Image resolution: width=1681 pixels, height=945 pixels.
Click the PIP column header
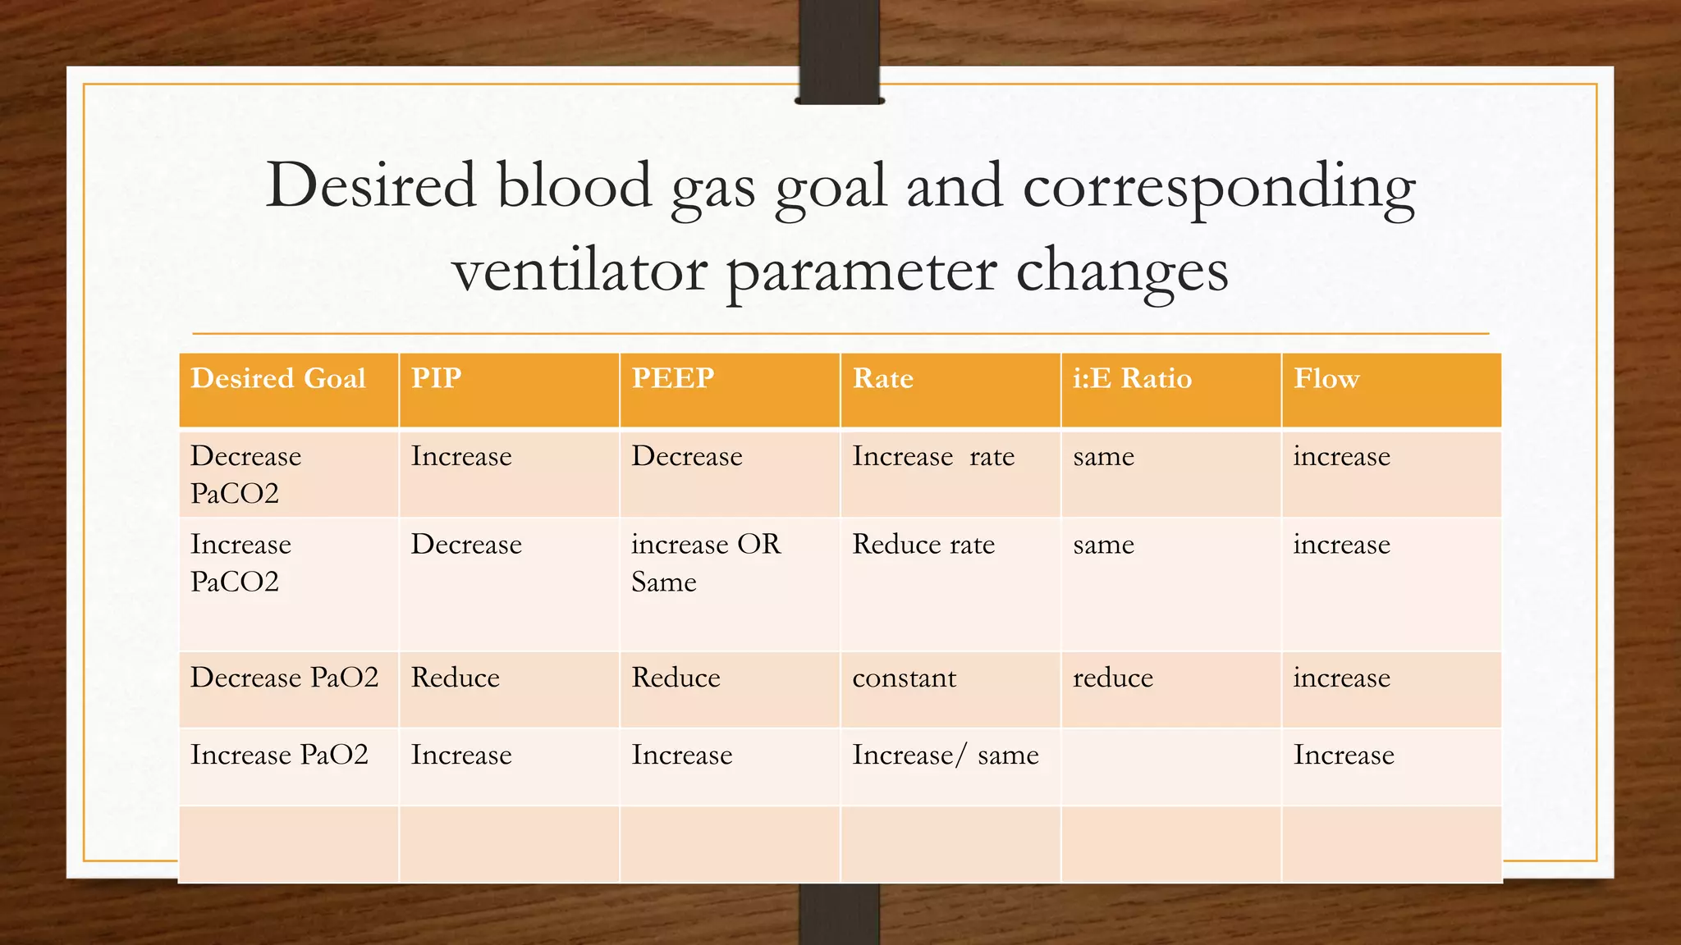[x=437, y=378]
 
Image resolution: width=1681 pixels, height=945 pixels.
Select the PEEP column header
[x=673, y=378]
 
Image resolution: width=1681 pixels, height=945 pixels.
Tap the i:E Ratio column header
[x=1132, y=378]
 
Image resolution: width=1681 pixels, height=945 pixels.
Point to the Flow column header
[x=1326, y=378]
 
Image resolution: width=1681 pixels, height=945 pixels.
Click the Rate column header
[x=882, y=378]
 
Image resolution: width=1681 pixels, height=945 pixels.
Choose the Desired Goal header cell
[x=278, y=378]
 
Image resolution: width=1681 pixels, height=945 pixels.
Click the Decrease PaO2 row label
[x=284, y=678]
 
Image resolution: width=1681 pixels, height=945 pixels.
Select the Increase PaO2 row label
[x=279, y=755]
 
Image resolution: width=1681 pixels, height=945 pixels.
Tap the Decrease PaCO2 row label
[x=246, y=474]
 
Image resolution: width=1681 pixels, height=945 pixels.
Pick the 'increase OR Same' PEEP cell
[x=705, y=563]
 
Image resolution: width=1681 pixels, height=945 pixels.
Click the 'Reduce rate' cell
[x=923, y=545]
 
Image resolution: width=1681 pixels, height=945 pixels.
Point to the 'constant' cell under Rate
[x=904, y=678]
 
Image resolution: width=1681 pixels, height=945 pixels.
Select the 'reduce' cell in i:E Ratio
[x=1113, y=678]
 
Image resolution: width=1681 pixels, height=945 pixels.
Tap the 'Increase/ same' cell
[x=945, y=755]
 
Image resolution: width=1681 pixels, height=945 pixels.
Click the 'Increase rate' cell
[x=933, y=456]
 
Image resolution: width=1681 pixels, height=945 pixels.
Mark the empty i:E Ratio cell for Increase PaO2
[x=1170, y=765]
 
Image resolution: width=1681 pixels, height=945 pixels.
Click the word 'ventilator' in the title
[x=579, y=271]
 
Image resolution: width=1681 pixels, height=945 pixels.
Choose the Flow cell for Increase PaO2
[x=1344, y=755]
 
